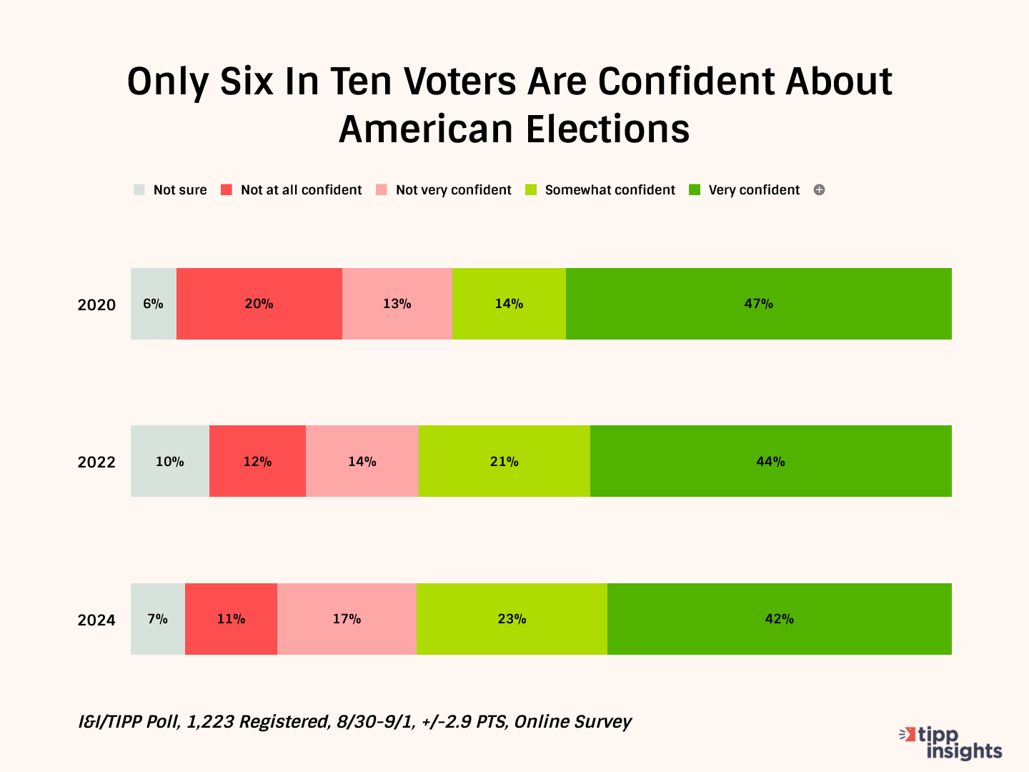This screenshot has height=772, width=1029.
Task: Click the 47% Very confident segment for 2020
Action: (x=758, y=304)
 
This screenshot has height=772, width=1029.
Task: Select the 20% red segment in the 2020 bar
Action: (x=259, y=304)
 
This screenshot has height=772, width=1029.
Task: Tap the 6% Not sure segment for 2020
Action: (x=153, y=304)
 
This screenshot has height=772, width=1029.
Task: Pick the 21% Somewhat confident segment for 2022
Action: (x=504, y=461)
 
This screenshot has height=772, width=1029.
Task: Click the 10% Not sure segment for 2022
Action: (x=169, y=461)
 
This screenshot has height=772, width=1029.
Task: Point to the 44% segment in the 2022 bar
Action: (x=770, y=461)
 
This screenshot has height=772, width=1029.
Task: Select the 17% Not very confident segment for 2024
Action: (x=347, y=619)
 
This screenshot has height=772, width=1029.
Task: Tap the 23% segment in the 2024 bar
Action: (x=512, y=619)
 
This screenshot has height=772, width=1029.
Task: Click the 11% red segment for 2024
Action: (x=231, y=619)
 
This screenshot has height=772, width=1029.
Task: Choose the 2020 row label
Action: (x=96, y=305)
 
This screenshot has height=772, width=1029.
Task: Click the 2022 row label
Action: (x=96, y=462)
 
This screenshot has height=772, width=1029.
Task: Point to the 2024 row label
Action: (x=96, y=620)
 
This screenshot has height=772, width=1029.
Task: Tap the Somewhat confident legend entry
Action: (x=600, y=190)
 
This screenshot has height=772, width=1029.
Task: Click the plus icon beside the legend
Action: (x=820, y=190)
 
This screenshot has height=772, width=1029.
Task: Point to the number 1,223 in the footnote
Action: (x=211, y=722)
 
